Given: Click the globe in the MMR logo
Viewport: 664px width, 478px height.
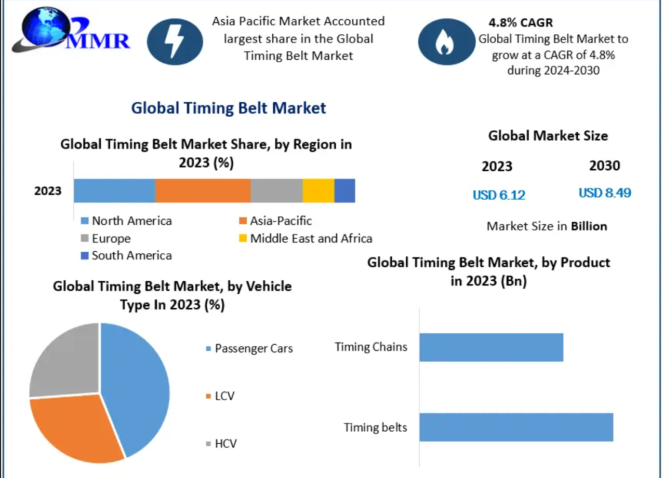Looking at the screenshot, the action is tap(46, 27).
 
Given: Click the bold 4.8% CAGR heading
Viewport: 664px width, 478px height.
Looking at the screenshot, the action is tap(521, 22).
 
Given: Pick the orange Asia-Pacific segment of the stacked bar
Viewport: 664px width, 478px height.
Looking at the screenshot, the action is tap(203, 190).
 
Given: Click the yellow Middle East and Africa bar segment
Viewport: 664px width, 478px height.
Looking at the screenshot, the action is tap(318, 190).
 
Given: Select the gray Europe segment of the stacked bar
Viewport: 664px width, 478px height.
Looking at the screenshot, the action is tap(276, 190).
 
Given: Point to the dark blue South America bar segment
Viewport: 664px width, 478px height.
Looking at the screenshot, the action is tap(345, 190).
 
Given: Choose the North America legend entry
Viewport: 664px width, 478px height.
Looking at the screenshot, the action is tap(127, 221).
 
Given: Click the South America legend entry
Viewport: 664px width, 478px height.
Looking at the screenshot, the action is tap(127, 255).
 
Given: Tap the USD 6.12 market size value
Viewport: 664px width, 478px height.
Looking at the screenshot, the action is tap(499, 195).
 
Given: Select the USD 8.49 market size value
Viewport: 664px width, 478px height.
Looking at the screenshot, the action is tap(605, 193).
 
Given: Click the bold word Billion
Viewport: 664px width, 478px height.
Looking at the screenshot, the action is tap(589, 226).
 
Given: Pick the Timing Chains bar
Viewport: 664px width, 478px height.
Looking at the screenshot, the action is tap(492, 347).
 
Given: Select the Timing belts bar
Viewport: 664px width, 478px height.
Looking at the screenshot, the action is tap(516, 427).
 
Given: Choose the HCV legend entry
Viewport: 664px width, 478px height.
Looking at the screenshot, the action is tap(221, 444).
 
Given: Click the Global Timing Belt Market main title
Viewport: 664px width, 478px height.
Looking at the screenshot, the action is tap(229, 108).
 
